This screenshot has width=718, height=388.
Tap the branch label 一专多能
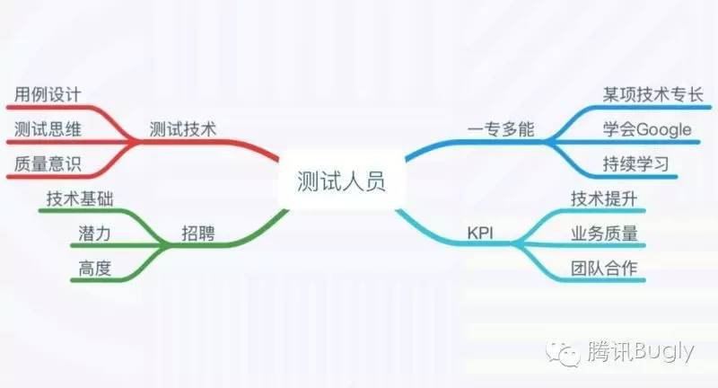(x=501, y=129)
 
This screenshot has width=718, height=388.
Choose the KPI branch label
(x=481, y=235)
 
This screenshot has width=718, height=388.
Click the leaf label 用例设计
(x=48, y=94)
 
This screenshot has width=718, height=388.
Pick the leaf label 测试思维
(x=48, y=129)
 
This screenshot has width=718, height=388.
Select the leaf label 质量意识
(x=48, y=164)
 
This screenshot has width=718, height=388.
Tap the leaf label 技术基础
(x=79, y=199)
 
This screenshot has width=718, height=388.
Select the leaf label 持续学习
(x=635, y=164)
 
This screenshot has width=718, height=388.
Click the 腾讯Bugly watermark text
(x=637, y=353)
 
